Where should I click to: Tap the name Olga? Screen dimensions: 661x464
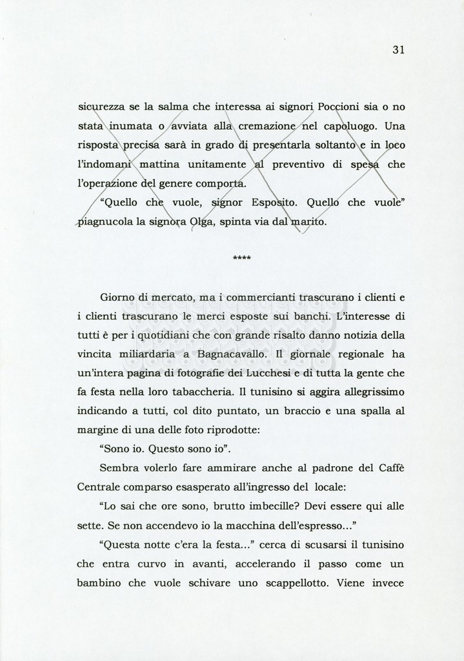point(201,223)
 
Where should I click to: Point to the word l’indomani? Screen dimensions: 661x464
point(105,165)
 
